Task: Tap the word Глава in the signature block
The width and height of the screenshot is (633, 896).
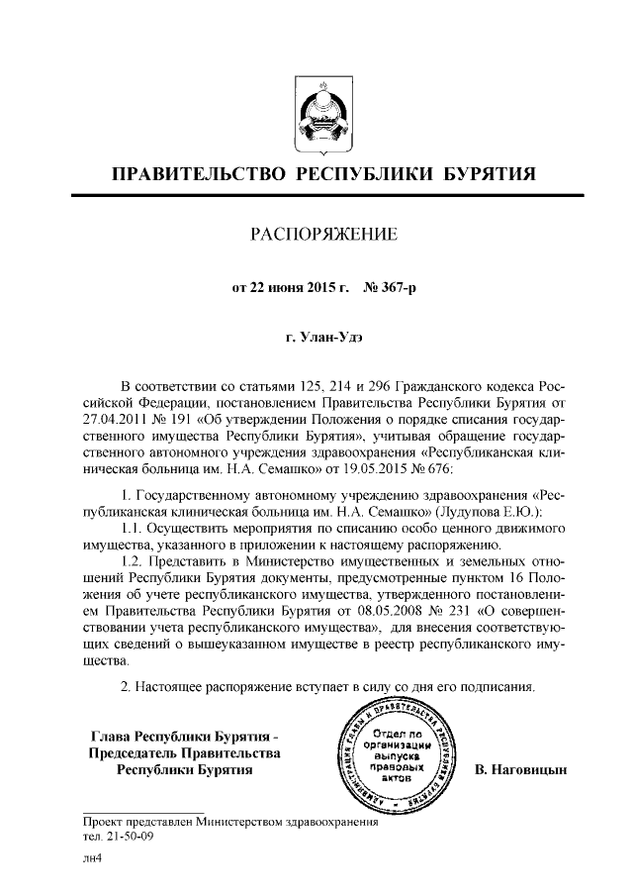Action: [111, 736]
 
